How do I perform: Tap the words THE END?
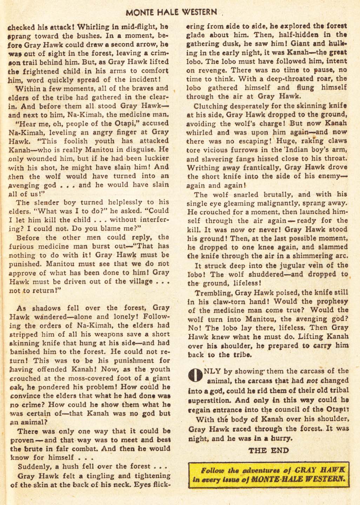tap(268, 451)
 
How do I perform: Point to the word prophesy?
tap(329, 301)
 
